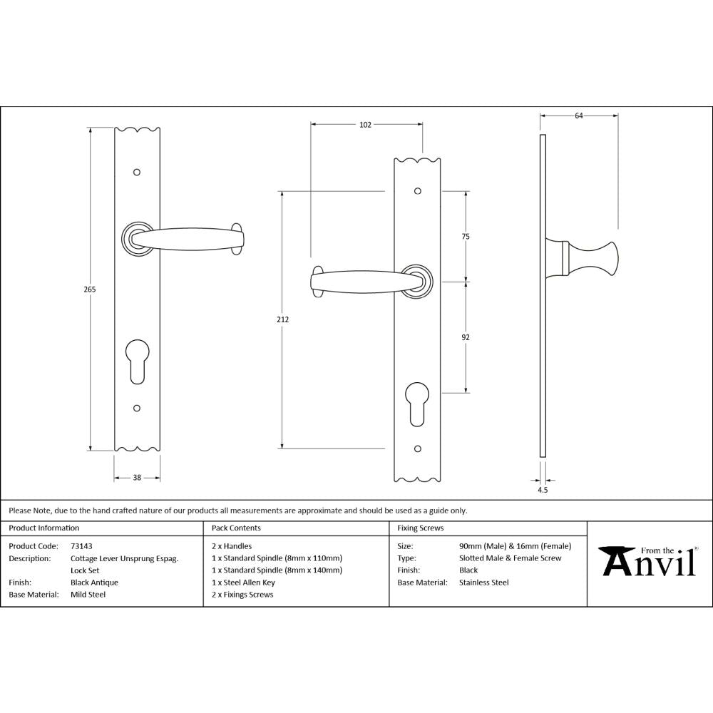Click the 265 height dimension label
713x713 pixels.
tap(89, 289)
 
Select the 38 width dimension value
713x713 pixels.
tap(137, 478)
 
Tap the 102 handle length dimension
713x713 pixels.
tap(365, 125)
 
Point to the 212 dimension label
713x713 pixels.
tap(283, 319)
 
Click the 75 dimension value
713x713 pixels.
tap(466, 236)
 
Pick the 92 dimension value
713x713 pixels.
tap(466, 337)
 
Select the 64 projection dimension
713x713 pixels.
tap(578, 116)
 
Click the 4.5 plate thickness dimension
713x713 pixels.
tap(543, 490)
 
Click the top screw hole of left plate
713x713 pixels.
tap(137, 173)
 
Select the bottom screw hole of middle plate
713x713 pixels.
tap(418, 449)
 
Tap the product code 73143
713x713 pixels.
tap(81, 546)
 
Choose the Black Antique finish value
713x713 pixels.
tap(94, 583)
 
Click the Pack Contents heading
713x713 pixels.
tap(236, 528)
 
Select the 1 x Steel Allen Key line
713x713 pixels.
tap(243, 583)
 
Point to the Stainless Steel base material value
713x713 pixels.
tap(484, 583)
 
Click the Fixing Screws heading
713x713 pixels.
tap(420, 528)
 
